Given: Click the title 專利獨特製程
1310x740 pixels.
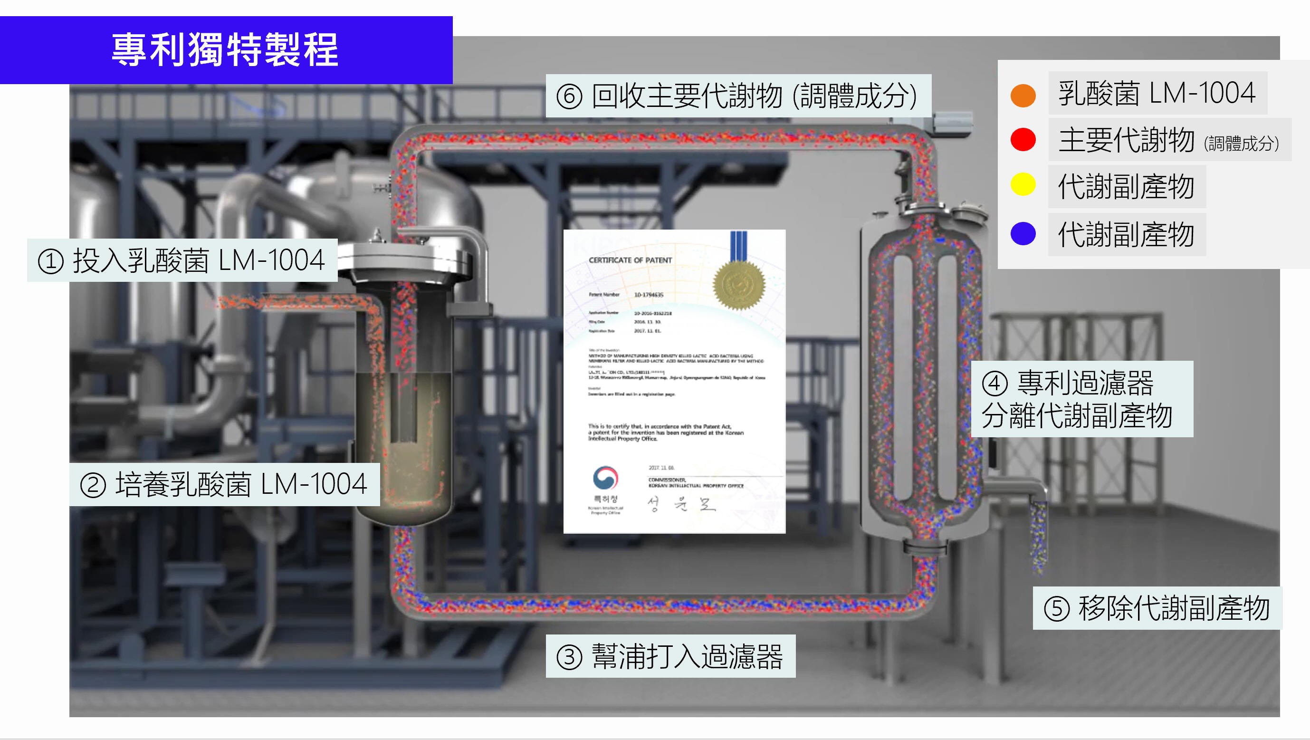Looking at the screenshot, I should (x=225, y=50).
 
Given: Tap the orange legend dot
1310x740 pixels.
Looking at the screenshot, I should (x=1023, y=95).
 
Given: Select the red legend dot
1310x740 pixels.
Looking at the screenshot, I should (x=1023, y=140).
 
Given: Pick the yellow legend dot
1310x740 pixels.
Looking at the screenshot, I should (x=1023, y=184).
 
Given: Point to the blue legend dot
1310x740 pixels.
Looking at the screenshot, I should (x=1023, y=233).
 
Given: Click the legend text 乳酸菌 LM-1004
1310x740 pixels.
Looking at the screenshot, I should (x=1157, y=94).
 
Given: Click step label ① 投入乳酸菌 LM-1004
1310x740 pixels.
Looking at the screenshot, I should (x=182, y=260).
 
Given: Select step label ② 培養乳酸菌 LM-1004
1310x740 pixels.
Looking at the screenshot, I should (x=224, y=484).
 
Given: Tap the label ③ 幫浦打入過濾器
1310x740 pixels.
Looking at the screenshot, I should (x=670, y=656).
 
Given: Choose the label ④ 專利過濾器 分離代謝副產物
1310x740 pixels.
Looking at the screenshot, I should (x=1081, y=399).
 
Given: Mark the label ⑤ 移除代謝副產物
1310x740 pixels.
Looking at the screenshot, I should (x=1157, y=608).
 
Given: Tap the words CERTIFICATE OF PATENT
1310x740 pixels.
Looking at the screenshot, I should (x=630, y=260).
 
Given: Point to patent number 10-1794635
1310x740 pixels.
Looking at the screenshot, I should (x=649, y=295).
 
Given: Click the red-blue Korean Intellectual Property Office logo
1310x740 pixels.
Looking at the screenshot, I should (x=605, y=479).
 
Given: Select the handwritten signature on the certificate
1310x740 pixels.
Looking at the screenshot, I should (x=681, y=504).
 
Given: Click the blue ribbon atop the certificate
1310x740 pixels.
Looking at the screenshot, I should (x=738, y=247).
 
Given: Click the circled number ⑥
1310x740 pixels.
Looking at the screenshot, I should (x=569, y=96).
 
